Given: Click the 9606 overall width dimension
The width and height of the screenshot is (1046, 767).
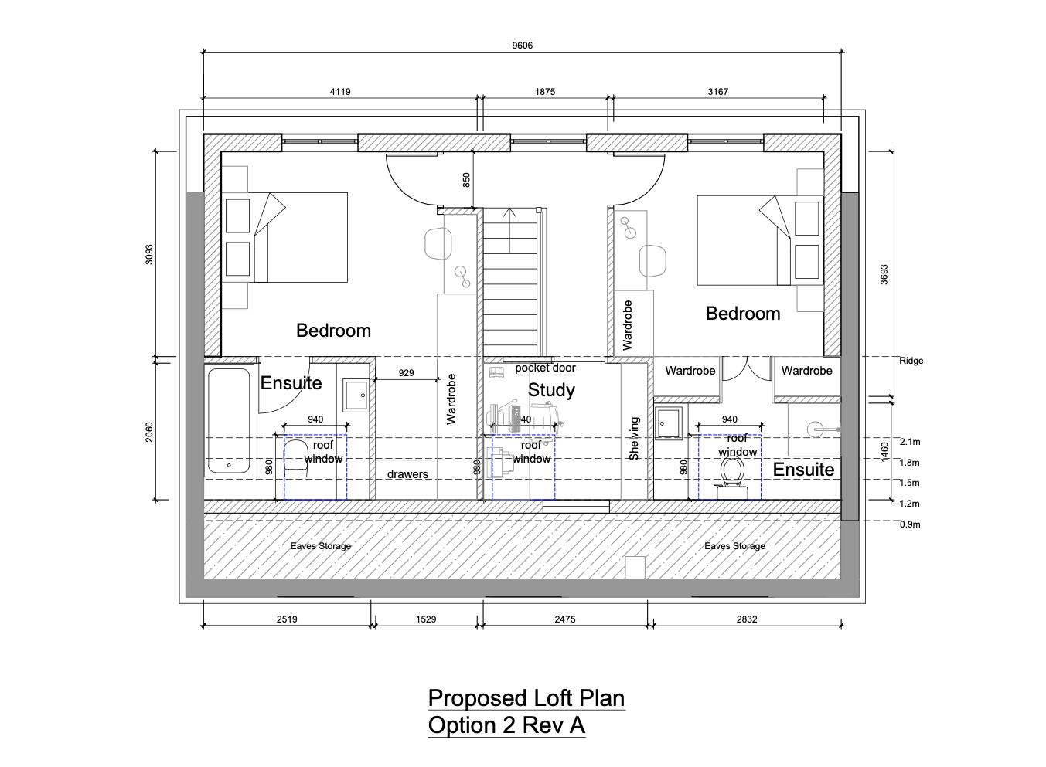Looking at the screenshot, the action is pos(522,46).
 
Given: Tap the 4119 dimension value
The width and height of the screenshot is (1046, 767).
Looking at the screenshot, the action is pos(340,92).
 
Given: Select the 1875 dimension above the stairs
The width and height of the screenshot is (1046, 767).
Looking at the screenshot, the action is pos(545,92).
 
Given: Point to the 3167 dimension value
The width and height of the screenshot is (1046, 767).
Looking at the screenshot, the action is pos(717,92).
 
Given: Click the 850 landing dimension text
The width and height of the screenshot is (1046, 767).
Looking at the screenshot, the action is pos(466,180).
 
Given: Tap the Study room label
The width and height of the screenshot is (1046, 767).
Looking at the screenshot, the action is pos(551,390).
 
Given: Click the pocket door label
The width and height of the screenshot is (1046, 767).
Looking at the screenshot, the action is pos(545,368).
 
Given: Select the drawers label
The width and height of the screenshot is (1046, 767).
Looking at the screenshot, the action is pos(407,474).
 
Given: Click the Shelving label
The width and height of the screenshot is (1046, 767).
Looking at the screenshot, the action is pos(634,439).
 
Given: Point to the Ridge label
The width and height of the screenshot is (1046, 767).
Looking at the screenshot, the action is pos(911,361).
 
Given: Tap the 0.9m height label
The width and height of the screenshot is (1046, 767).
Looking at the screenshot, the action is pos(910,524).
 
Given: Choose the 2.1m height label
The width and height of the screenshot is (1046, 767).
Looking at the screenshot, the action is pos(910,442).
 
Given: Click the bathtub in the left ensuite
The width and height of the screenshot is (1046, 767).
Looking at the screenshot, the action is pos(229,421).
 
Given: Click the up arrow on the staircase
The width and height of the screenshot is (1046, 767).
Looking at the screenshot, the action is pos(509,230).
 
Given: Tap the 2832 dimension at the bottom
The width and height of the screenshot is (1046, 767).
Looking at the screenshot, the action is pos(747,619).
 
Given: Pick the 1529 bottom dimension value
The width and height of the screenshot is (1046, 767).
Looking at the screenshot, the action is pos(426,619).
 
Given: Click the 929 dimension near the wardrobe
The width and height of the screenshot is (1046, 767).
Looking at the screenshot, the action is pos(406,373).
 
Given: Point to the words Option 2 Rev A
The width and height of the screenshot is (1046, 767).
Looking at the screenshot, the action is pos(506,725).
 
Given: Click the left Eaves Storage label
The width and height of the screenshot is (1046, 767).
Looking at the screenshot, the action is pos(320,546).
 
